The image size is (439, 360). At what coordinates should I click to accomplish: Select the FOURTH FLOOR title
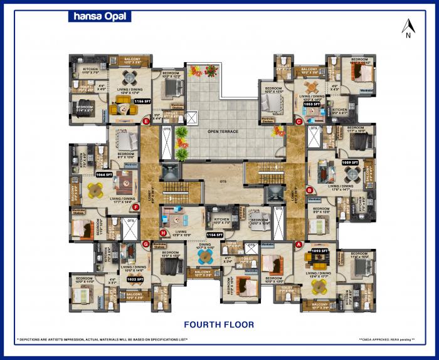(219, 324)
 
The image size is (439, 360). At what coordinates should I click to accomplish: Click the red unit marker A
(299, 243)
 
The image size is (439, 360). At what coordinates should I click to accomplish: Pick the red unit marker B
(309, 189)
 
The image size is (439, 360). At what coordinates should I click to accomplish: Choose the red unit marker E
(146, 121)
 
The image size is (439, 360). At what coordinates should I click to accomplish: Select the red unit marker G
(146, 244)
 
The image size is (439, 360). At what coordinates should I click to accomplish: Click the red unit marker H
(164, 232)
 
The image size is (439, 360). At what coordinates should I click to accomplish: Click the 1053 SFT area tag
(312, 104)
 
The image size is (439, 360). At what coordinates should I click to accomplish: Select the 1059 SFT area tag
(350, 162)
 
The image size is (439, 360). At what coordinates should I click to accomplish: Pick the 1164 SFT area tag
(215, 235)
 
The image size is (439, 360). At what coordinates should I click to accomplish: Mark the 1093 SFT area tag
(320, 250)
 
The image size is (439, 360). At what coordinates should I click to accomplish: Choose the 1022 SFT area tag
(135, 279)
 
